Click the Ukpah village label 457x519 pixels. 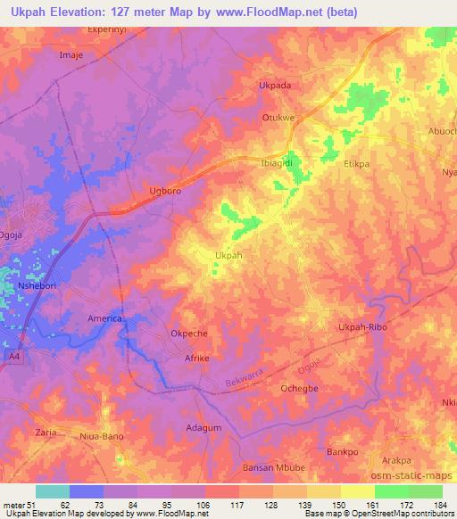coord(228,255)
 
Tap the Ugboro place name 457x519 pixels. coord(164,192)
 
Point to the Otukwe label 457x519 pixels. coord(277,116)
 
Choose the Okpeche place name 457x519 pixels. coord(188,334)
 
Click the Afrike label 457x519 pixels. coord(195,358)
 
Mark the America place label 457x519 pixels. coord(104,318)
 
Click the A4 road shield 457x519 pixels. coord(14,357)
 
